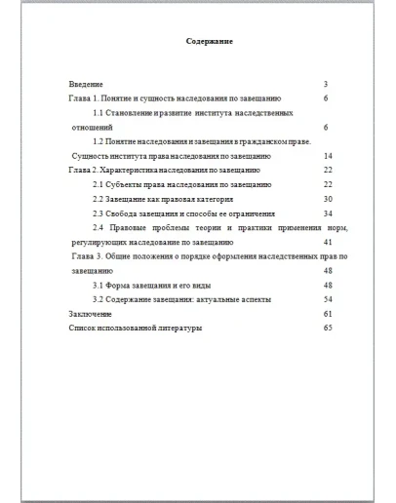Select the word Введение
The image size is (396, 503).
tap(86, 85)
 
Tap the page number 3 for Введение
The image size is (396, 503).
tap(325, 85)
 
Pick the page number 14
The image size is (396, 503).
tap(327, 156)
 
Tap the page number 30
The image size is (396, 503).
tap(327, 198)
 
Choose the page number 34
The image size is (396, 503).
tap(327, 213)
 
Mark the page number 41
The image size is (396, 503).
tap(327, 241)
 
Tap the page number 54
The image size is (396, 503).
tap(327, 299)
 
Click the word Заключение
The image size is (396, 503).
tap(90, 314)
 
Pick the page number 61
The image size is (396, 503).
tap(327, 314)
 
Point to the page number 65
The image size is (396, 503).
tap(327, 329)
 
